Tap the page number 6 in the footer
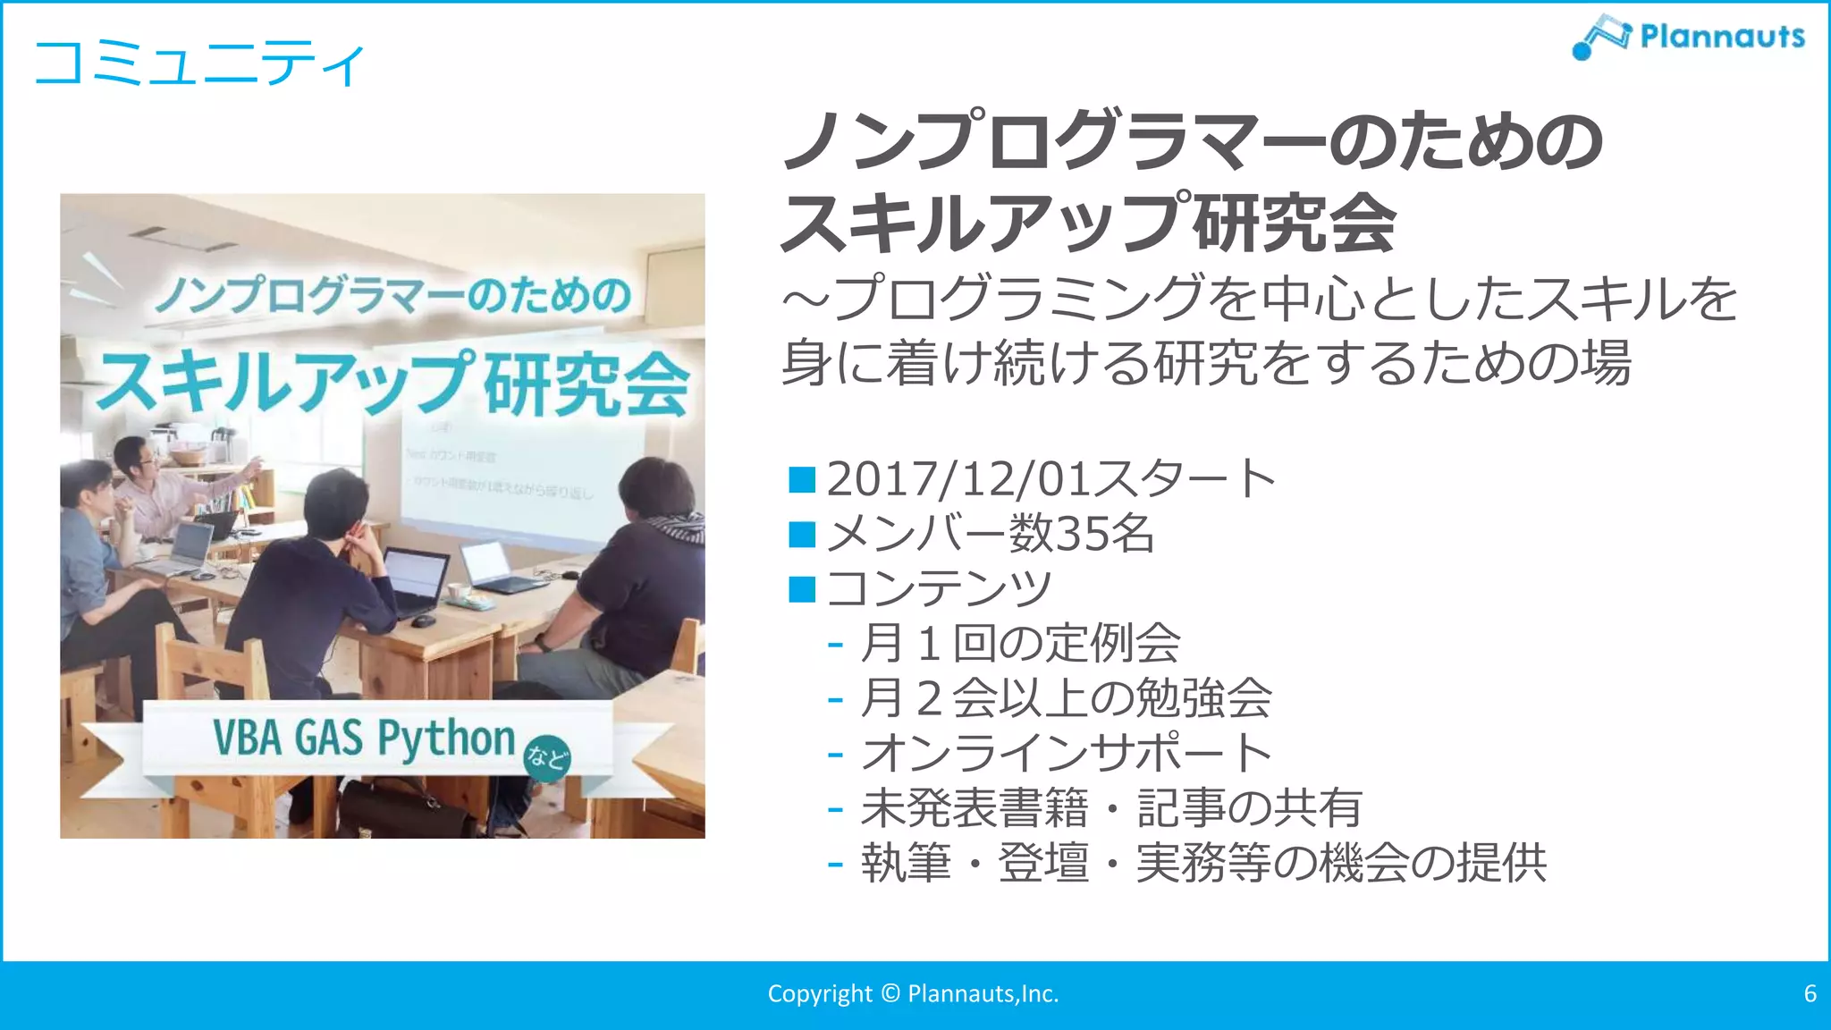[x=1810, y=993]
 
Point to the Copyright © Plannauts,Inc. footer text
[x=913, y=993]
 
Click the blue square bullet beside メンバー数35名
[x=802, y=535]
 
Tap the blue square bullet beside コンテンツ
[x=802, y=589]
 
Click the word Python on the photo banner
[x=446, y=739]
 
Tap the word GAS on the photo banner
[x=328, y=738]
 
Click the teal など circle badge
[x=546, y=758]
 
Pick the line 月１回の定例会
[x=1019, y=643]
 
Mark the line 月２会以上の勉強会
[x=1065, y=698]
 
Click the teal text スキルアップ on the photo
[x=284, y=383]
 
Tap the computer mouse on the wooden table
[x=423, y=620]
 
